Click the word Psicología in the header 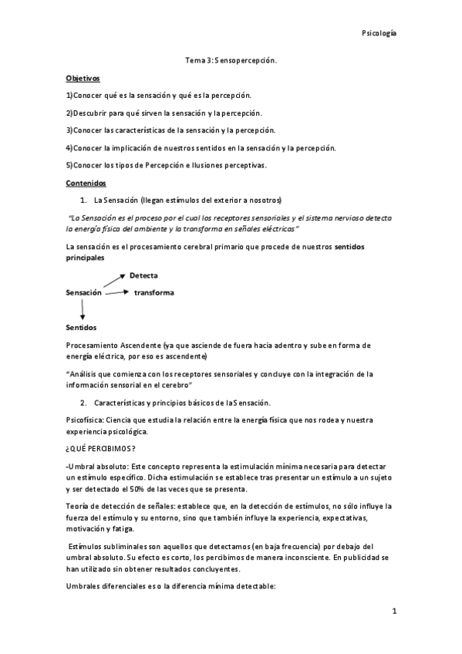379,33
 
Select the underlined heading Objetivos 83,79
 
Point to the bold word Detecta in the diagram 144,275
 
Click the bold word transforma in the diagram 153,292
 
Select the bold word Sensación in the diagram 84,293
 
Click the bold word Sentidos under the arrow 81,328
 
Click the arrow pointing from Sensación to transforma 116,292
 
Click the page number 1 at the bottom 393,612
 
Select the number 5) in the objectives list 69,166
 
